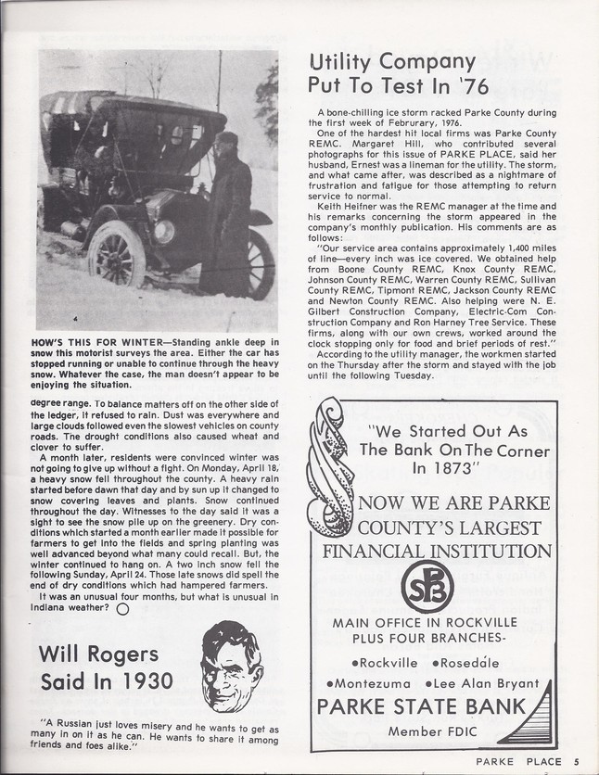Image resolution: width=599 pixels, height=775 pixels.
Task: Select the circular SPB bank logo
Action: pyautogui.click(x=427, y=586)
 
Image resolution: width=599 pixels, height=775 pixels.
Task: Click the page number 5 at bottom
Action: pyautogui.click(x=576, y=762)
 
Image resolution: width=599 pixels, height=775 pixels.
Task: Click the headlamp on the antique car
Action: pyautogui.click(x=165, y=232)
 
